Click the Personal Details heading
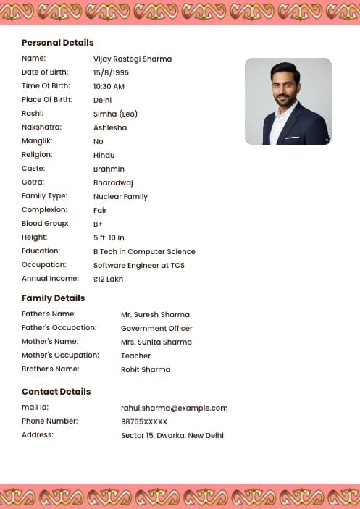58,43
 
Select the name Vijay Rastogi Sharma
133,59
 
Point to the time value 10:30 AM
109,86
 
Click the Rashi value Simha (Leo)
115,114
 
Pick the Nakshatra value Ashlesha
110,127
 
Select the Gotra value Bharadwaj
113,182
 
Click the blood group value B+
99,224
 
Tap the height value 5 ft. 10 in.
110,237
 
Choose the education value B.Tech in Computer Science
144,251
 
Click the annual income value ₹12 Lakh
109,279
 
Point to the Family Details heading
54,298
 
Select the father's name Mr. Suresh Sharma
155,315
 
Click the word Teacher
136,356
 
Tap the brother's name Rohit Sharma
146,370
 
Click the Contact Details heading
56,392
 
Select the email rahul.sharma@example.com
175,408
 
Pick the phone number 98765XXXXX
144,421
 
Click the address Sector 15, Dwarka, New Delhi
172,435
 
